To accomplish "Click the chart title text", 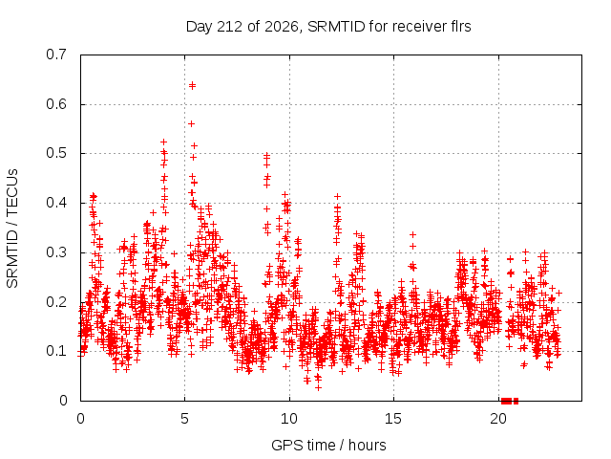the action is (328, 27).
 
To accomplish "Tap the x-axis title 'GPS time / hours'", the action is (328, 445).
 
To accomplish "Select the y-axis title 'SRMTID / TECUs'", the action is (12, 229).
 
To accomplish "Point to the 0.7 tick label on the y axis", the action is (56, 55).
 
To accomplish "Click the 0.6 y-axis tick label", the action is (56, 104).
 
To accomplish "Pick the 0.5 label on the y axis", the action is (56, 153).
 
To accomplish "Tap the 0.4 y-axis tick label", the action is (56, 203).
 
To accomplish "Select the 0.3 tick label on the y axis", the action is (56, 252).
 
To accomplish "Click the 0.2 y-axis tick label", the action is (56, 302).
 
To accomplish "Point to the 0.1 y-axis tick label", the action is (56, 351).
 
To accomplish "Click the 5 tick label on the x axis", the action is (184, 419).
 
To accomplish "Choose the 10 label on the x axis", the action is (289, 419).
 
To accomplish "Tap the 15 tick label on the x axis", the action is (393, 419).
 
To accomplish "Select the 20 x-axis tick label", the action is (498, 419).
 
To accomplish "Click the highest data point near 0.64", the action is (192, 85).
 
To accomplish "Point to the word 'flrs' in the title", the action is (460, 27).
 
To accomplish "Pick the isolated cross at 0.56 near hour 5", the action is (191, 123).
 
